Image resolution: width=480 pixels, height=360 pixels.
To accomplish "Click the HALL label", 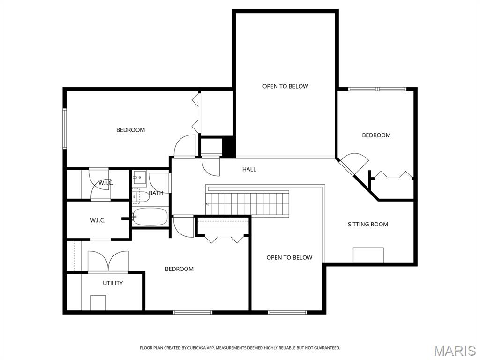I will (x=249, y=169).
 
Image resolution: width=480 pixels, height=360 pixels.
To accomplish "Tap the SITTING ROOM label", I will (x=367, y=224).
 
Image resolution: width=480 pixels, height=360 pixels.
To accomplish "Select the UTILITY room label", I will (x=113, y=283).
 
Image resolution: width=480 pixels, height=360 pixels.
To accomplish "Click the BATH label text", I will (x=156, y=193).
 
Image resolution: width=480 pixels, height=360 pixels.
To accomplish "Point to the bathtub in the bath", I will (x=150, y=217).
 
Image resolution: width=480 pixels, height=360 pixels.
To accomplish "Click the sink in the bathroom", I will (x=139, y=177).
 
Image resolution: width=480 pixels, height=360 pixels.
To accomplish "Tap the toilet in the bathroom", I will (x=139, y=196).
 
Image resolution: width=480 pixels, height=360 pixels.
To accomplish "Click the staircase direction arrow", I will (x=208, y=204).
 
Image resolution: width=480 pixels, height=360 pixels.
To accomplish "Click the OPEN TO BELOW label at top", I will (x=285, y=86).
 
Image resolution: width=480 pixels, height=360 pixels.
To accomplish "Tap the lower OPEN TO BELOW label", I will (x=289, y=257).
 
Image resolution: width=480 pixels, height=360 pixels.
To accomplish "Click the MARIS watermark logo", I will (x=455, y=350).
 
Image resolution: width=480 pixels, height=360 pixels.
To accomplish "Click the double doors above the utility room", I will (x=108, y=261).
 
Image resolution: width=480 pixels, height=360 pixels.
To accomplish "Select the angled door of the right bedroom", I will (x=355, y=163).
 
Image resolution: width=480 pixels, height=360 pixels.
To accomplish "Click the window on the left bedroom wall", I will (x=65, y=128).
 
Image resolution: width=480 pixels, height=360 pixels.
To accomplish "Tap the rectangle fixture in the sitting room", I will (x=368, y=255).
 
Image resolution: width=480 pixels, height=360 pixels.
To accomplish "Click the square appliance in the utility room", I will (x=98, y=302).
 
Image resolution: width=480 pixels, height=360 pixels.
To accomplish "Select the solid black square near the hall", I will (x=228, y=146).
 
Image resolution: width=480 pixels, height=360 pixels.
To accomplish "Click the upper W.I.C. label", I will (x=105, y=183).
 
